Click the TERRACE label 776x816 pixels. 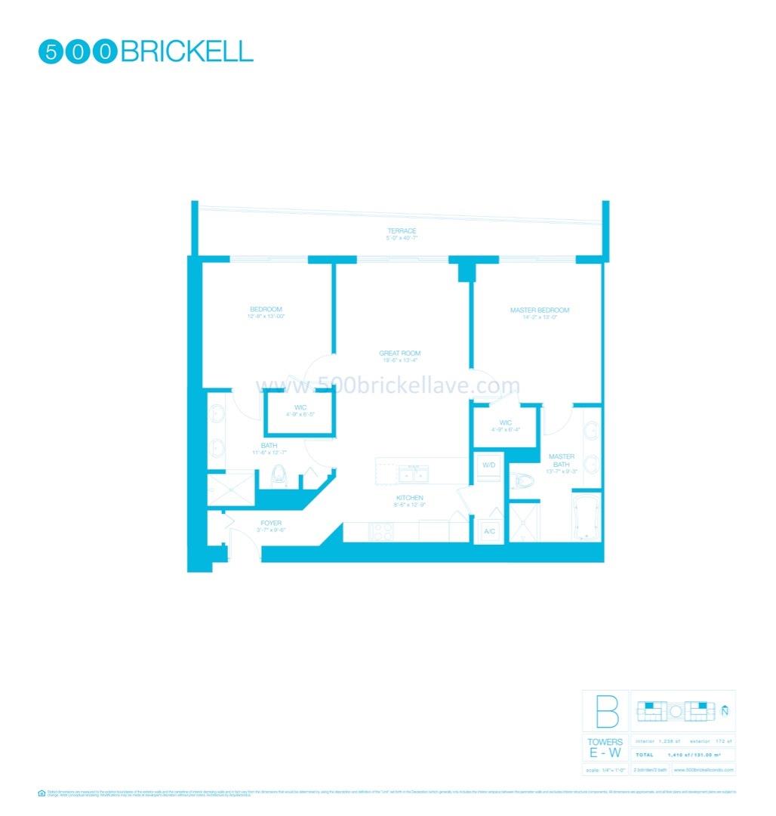pos(402,231)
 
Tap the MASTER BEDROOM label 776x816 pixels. pos(539,311)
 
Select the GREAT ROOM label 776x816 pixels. pos(400,354)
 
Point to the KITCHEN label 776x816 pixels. pos(411,498)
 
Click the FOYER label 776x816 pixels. pos(270,522)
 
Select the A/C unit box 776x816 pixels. pos(488,531)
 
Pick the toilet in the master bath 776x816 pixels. pos(522,481)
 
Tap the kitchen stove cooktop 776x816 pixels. pos(382,532)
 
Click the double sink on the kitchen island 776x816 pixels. pos(412,473)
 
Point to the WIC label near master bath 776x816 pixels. pos(505,422)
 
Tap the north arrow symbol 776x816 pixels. pos(725,709)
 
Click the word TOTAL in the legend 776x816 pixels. pos(645,755)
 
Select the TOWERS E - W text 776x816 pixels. pos(605,748)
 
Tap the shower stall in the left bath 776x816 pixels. pos(230,488)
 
